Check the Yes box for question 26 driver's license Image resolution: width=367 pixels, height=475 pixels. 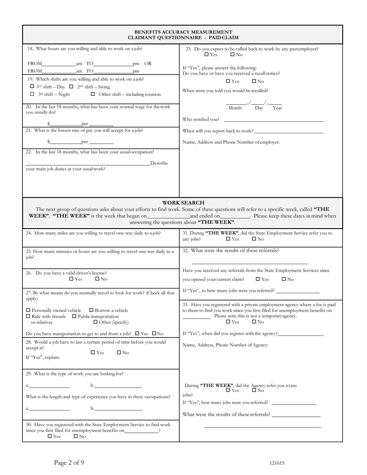click(x=71, y=279)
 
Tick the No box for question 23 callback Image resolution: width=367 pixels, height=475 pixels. click(x=233, y=54)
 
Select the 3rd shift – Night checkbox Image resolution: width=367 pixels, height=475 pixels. click(x=32, y=94)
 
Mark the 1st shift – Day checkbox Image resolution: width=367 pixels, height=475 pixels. click(x=32, y=87)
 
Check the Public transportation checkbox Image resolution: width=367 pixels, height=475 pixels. click(x=75, y=316)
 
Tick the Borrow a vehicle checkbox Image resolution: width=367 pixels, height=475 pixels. click(x=92, y=310)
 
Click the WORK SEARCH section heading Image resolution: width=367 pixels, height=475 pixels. click(x=183, y=203)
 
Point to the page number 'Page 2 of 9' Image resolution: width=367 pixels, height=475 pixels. click(x=69, y=462)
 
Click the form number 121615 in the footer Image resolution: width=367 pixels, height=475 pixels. click(x=277, y=463)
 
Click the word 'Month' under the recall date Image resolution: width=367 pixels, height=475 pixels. click(x=235, y=108)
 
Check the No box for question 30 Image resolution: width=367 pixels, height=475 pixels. click(x=76, y=436)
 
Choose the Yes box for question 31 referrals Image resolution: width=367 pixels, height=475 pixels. click(x=228, y=239)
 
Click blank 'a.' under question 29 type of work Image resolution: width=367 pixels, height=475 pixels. click(x=49, y=385)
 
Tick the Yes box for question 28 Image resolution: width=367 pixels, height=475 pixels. click(x=93, y=352)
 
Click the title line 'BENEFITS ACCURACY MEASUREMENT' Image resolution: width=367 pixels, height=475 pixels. click(x=183, y=32)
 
